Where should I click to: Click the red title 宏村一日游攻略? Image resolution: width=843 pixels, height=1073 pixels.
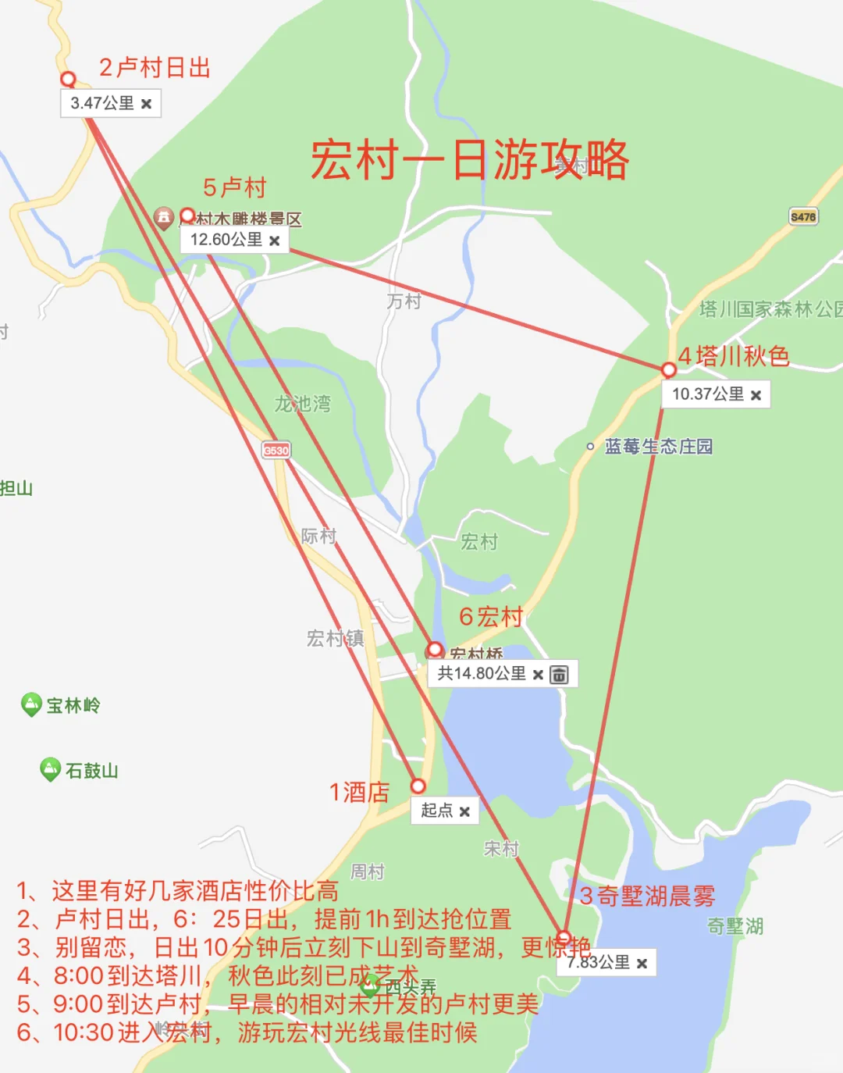[x=469, y=160]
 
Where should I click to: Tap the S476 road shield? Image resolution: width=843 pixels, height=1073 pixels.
[x=802, y=216]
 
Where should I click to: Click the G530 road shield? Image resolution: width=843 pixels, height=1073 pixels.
[x=276, y=450]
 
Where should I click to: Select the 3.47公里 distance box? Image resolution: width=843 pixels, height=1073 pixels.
[x=110, y=103]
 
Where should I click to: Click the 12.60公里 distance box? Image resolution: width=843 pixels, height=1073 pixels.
[x=233, y=240]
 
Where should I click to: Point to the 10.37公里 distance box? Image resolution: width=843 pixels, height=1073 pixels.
[x=715, y=394]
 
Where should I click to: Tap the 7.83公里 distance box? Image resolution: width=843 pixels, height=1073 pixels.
[x=606, y=963]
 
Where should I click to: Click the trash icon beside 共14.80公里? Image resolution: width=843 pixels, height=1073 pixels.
[x=559, y=675]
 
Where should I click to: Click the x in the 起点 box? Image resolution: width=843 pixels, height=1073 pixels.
[x=464, y=812]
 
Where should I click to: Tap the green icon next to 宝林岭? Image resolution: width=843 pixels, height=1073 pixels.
[x=31, y=704]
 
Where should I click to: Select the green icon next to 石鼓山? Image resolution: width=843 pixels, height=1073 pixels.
[x=50, y=769]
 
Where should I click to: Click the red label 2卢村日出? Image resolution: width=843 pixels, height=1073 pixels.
[x=155, y=68]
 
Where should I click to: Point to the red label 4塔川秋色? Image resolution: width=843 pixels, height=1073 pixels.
[x=733, y=356]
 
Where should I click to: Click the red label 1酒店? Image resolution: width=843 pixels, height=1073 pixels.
[x=359, y=792]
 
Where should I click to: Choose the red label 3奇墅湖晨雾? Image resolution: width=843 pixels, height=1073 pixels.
[x=647, y=896]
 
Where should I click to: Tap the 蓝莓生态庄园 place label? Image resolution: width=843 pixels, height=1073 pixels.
[x=658, y=447]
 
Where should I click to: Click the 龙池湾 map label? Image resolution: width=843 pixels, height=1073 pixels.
[x=302, y=404]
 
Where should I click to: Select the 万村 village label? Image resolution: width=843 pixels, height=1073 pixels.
[x=404, y=301]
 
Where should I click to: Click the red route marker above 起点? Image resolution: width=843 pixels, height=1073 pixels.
[x=418, y=786]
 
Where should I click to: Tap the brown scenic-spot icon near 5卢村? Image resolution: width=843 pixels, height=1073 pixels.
[x=163, y=217]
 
